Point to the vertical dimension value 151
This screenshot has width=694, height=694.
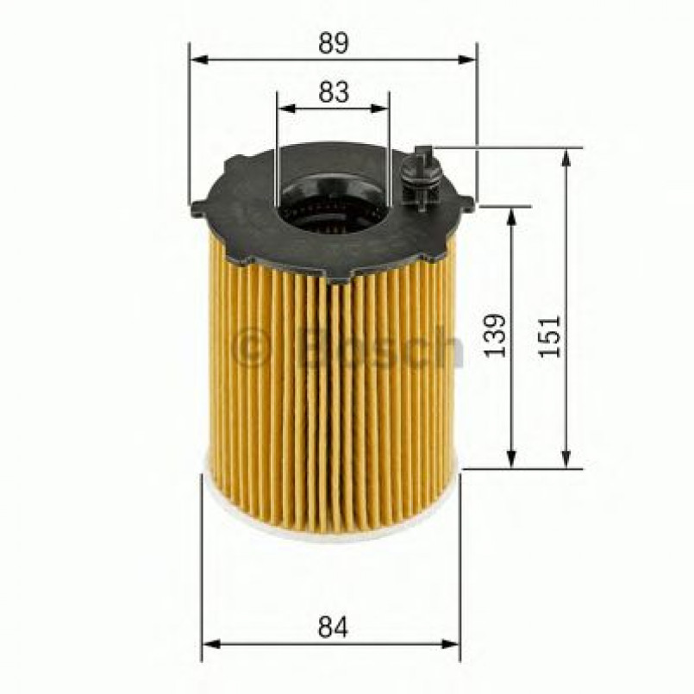[x=552, y=336]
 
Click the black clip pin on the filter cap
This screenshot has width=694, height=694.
[x=421, y=176]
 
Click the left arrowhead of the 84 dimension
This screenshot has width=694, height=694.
[x=209, y=644]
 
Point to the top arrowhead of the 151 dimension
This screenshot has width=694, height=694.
[x=566, y=156]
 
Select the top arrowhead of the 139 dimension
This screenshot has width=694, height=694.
[x=513, y=215]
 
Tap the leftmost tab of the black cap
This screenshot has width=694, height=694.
[x=197, y=207]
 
